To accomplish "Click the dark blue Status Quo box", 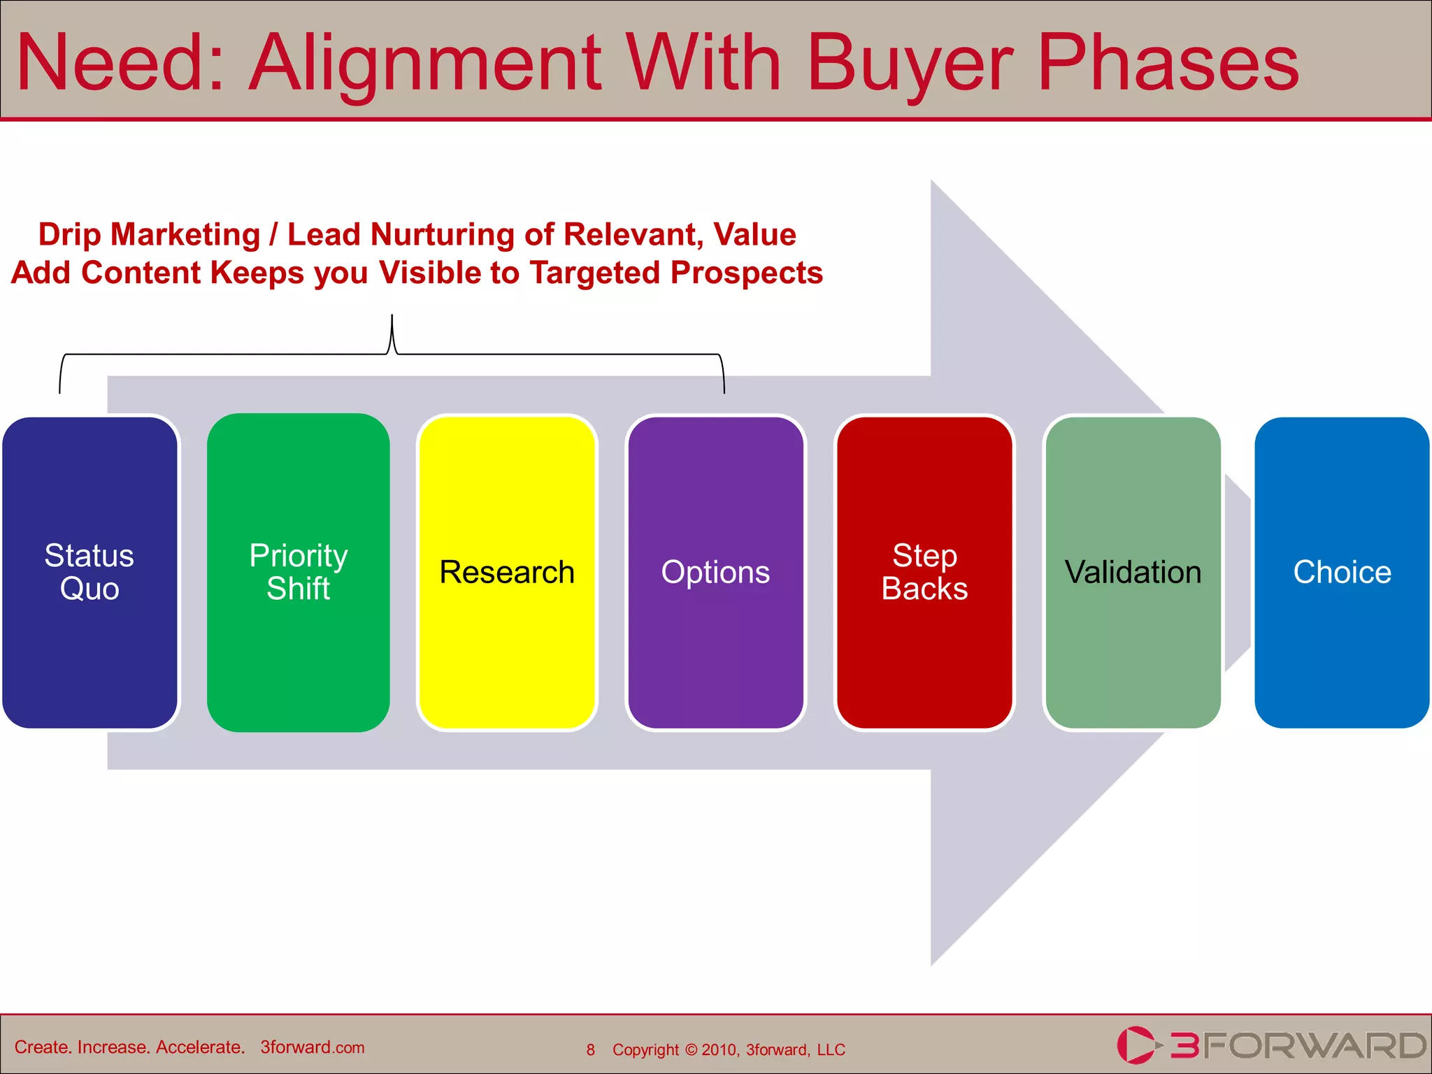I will (89, 572).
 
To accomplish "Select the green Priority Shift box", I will (299, 572).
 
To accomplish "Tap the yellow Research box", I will (507, 572).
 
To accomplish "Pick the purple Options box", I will (715, 572).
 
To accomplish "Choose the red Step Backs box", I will (924, 572).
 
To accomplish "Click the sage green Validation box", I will (1133, 572).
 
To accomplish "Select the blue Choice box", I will (1342, 572).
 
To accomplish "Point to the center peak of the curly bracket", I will (392, 318).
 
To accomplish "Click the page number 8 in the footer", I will (591, 1050).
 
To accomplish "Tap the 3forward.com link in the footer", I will (313, 1047).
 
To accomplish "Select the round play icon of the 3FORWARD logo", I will (1134, 1045).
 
